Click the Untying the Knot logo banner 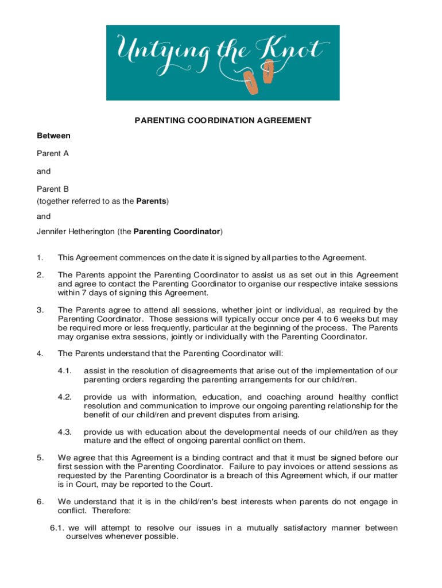point(223,63)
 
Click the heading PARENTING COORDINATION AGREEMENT point(223,121)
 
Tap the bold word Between point(54,136)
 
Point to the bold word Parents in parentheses point(150,201)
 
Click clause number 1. point(40,258)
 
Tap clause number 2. point(40,275)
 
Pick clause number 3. point(40,311)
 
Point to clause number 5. point(40,458)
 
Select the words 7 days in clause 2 point(84,293)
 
